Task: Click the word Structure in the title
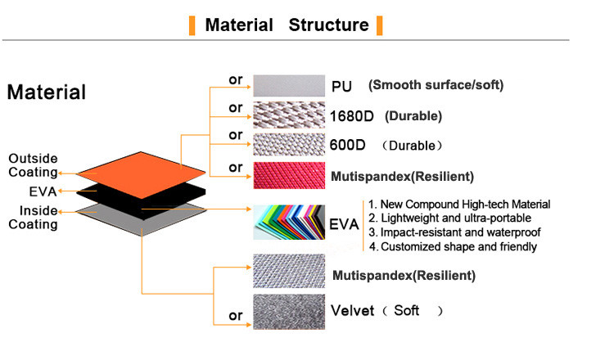pos(328,25)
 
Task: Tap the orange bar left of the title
pos(192,26)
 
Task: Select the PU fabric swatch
pos(289,86)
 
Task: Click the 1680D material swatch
pos(289,115)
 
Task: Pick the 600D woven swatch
pos(289,145)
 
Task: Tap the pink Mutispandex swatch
pos(289,176)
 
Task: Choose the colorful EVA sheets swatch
pos(289,223)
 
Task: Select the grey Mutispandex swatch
pos(289,271)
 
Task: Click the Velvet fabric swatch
pos(289,312)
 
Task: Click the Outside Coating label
pos(34,165)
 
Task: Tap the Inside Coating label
pos(34,217)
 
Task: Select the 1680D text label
pos(352,116)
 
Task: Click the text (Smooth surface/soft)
pos(436,85)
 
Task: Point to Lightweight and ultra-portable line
pos(450,218)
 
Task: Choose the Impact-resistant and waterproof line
pos(454,232)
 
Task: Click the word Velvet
pos(353,311)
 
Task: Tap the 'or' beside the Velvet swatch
pos(236,316)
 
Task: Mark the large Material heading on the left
pos(47,92)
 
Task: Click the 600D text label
pos(347,145)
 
